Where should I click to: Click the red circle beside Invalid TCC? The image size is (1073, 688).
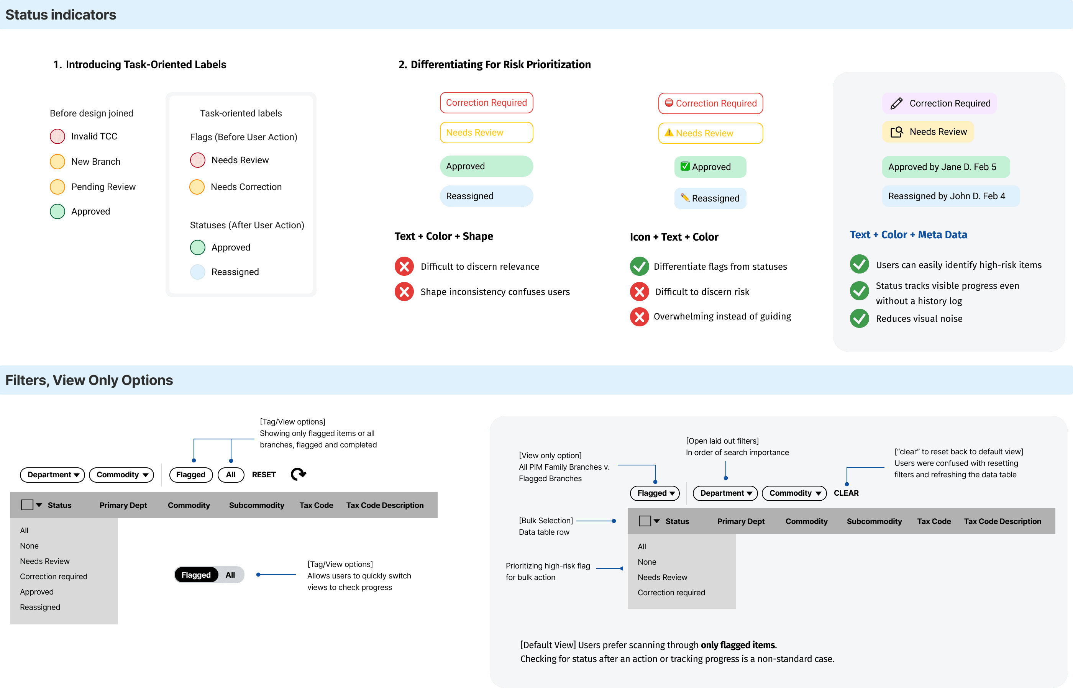click(57, 136)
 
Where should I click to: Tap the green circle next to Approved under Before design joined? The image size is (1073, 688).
click(57, 211)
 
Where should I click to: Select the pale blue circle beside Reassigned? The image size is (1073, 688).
click(197, 272)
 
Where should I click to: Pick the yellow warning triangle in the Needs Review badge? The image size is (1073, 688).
click(669, 133)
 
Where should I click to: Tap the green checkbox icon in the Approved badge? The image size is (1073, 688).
click(685, 166)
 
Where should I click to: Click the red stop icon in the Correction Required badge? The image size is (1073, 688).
click(669, 103)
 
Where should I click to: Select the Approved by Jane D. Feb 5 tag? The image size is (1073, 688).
click(945, 167)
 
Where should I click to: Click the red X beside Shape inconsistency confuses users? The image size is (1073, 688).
click(404, 292)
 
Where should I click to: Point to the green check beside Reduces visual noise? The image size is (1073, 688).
click(859, 319)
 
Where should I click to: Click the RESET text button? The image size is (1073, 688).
click(264, 475)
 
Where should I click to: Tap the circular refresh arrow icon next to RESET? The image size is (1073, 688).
click(298, 474)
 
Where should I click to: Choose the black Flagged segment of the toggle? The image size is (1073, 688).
click(196, 575)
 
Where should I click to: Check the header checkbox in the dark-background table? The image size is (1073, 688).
click(27, 505)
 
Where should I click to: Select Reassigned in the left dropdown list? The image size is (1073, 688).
click(40, 607)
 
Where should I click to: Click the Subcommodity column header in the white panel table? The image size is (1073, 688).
click(874, 521)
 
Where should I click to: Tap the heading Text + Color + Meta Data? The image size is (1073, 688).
click(908, 235)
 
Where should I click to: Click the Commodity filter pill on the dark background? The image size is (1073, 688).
click(121, 475)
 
